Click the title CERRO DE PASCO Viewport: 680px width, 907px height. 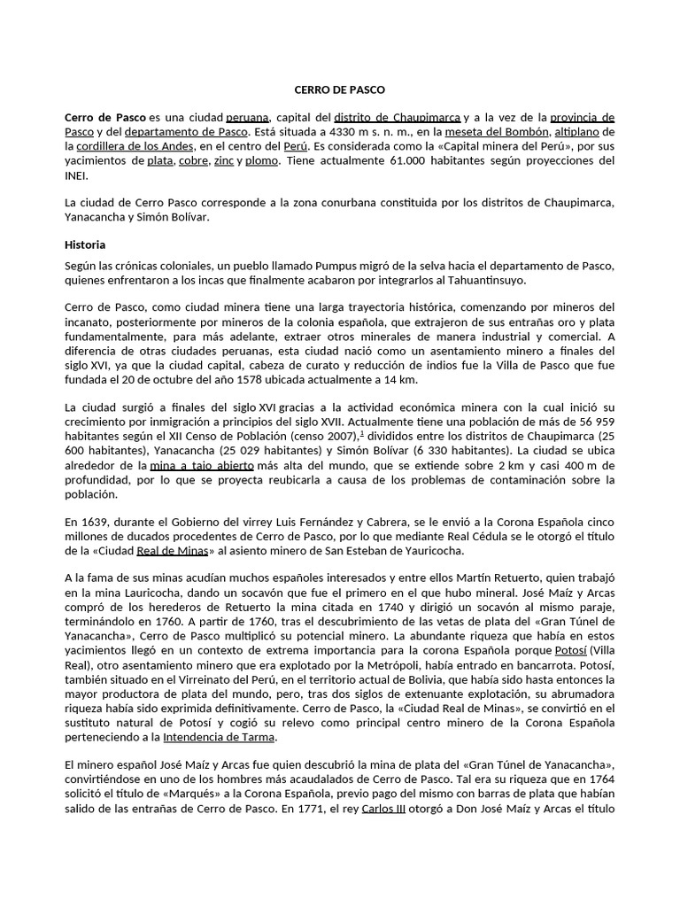tap(339, 89)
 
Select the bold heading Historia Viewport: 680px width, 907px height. tap(87, 244)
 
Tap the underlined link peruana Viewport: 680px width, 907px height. tap(248, 117)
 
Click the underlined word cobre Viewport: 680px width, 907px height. tap(193, 161)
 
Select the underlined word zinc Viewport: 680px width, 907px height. tap(225, 161)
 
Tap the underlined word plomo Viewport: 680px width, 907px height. tap(262, 161)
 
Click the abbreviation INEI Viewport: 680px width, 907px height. tap(78, 175)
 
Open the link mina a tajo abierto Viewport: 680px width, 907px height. tap(202, 464)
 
